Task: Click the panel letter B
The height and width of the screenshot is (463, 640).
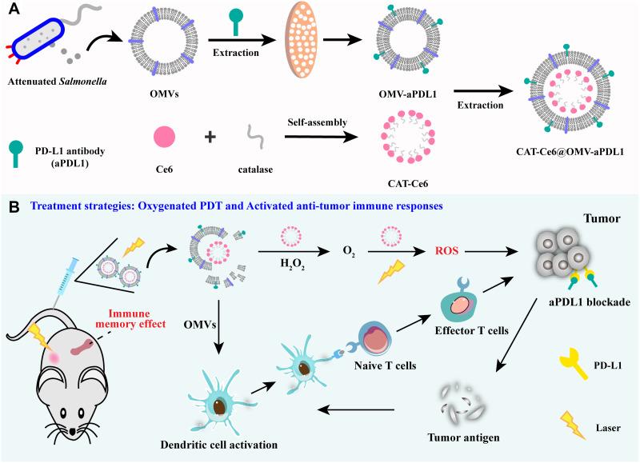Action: click(x=11, y=206)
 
